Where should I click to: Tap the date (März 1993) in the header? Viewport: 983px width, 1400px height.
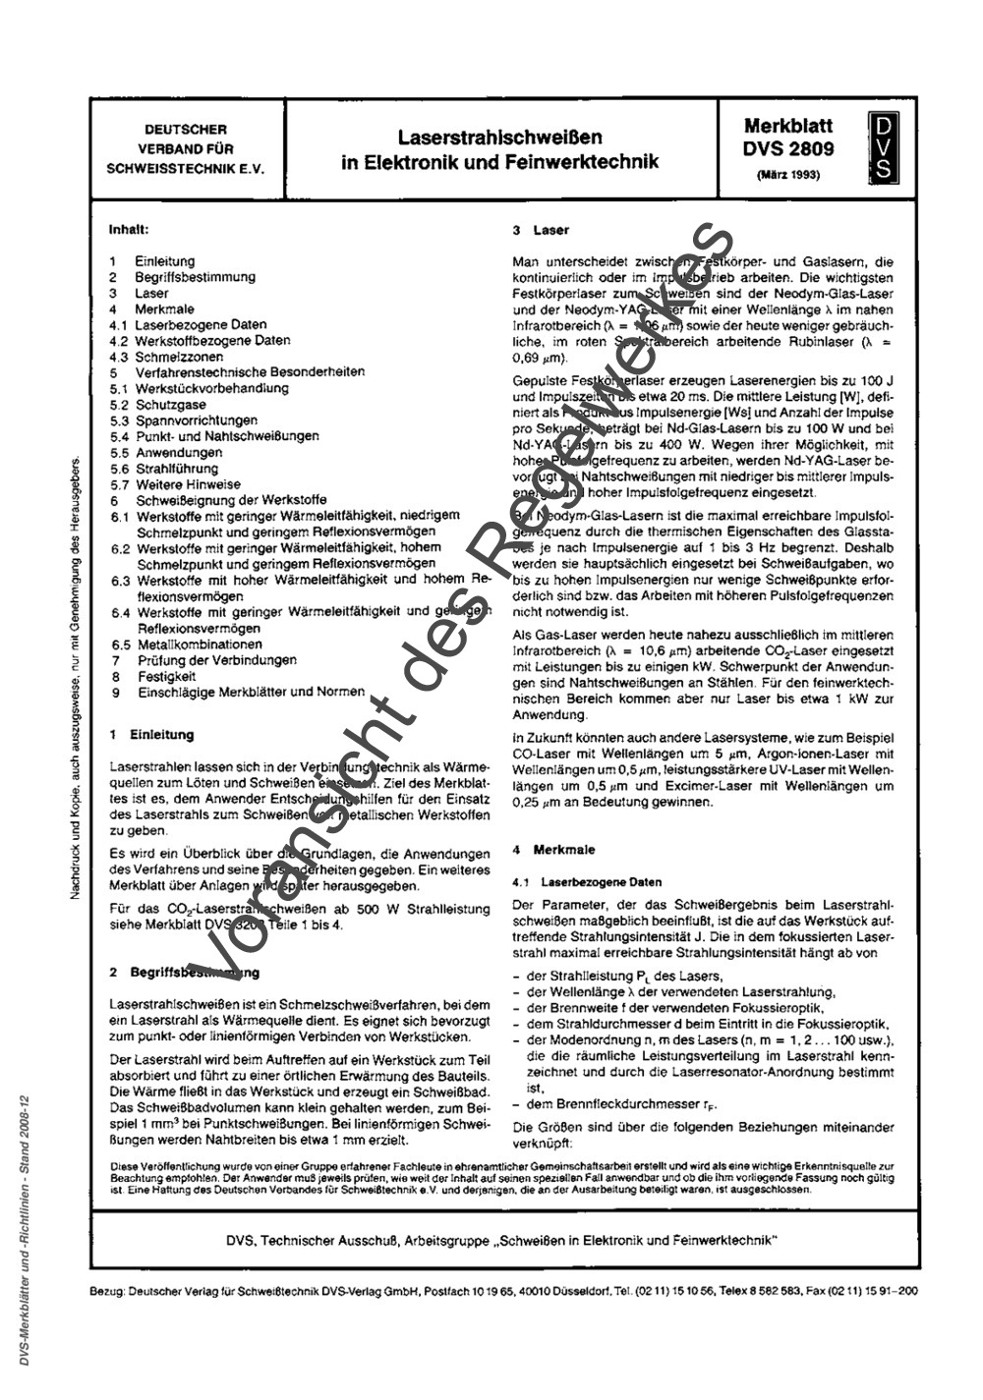pos(788,175)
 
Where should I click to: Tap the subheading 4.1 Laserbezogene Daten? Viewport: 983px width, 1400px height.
pos(587,882)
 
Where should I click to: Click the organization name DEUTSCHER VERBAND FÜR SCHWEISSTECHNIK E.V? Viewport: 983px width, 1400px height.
pos(185,148)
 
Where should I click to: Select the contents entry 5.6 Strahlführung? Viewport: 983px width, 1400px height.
pos(164,469)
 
